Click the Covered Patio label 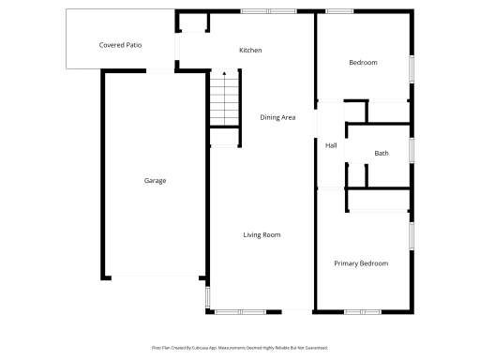click(x=120, y=45)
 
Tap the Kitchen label click(x=250, y=50)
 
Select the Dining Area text click(x=278, y=117)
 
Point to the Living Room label click(x=262, y=234)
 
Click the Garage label click(x=155, y=180)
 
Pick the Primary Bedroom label click(x=361, y=263)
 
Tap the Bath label click(x=382, y=153)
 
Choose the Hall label click(x=331, y=145)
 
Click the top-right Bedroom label click(x=363, y=63)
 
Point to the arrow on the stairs click(x=224, y=75)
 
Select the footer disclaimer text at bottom click(x=240, y=347)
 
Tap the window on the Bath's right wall click(x=412, y=150)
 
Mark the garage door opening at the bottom click(x=155, y=277)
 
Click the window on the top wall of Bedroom click(x=339, y=11)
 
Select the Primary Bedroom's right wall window click(x=412, y=235)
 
